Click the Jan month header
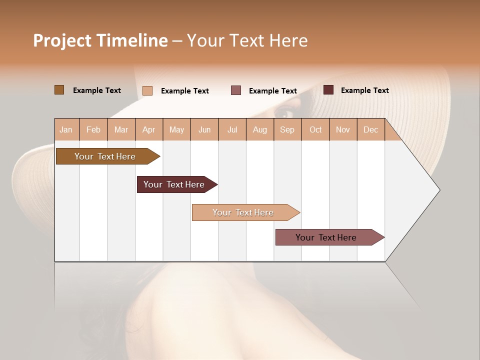coord(66,129)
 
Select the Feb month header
coord(93,129)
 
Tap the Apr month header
coord(148,129)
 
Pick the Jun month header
coord(204,129)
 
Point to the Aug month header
coord(259,129)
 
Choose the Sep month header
coord(287,129)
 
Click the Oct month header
coord(315,129)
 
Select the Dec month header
coord(370,129)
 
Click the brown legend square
coord(59,90)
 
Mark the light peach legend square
coord(147,90)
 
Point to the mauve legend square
coord(236,90)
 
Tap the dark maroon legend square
coord(328,90)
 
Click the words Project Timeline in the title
coord(100,40)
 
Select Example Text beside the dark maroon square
coord(364,90)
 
